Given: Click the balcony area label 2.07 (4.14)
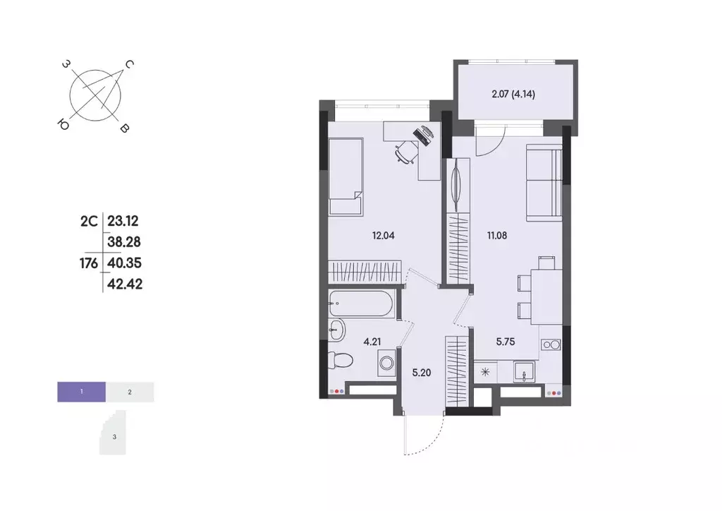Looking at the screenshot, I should (513, 94).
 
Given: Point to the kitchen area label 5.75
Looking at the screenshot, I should (505, 341).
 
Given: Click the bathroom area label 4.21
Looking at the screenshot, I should (372, 342).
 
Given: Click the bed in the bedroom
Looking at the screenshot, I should (345, 176).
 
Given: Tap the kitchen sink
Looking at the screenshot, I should (522, 371).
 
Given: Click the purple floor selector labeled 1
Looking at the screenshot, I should (82, 391).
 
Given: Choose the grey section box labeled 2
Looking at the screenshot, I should (130, 391).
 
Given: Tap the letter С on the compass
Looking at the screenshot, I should (130, 64).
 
